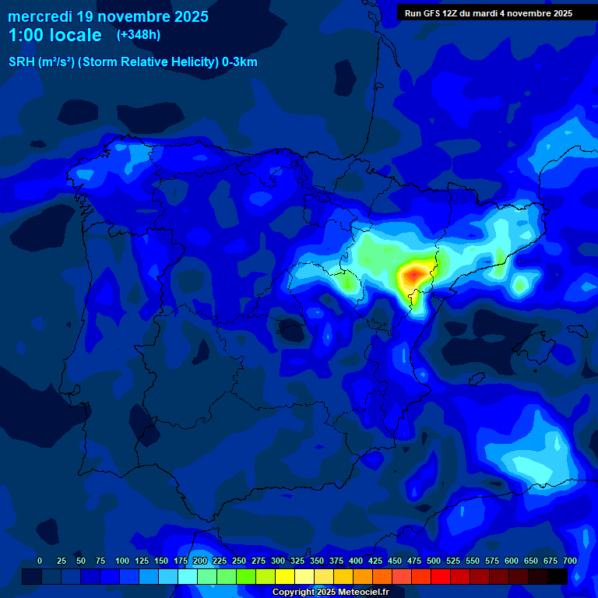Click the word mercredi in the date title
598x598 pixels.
pos(40,16)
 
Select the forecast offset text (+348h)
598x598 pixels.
pos(139,35)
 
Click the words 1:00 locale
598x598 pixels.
pos(55,35)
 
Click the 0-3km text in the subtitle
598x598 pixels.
pos(239,62)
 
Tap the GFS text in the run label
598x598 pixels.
pos(432,13)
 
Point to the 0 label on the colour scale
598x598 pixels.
pos(40,561)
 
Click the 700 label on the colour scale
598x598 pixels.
pos(570,561)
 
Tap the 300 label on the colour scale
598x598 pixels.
pos(278,561)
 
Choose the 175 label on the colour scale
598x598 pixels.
pos(181,561)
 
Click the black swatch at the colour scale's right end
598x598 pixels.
pos(558,577)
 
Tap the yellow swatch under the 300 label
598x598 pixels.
pos(285,577)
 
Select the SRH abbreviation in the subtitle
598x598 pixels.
pos(20,62)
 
